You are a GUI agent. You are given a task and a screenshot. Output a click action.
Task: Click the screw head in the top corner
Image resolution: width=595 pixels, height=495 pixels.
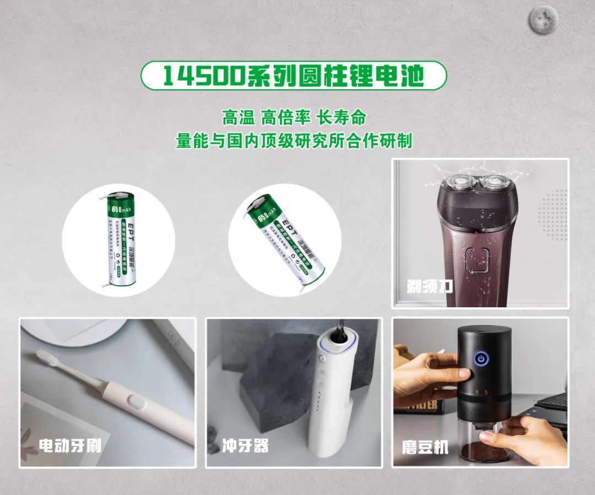(x=543, y=20)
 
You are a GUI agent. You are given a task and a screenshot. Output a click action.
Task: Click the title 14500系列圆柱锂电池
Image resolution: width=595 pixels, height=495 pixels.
(x=293, y=75)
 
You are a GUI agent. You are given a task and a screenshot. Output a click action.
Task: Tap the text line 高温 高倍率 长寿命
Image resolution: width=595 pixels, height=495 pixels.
(x=294, y=117)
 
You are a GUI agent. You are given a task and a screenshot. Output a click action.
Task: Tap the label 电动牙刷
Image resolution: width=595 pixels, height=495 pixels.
(x=71, y=445)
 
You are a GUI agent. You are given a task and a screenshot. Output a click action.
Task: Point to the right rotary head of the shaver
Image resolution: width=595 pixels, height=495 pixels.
(x=496, y=184)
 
